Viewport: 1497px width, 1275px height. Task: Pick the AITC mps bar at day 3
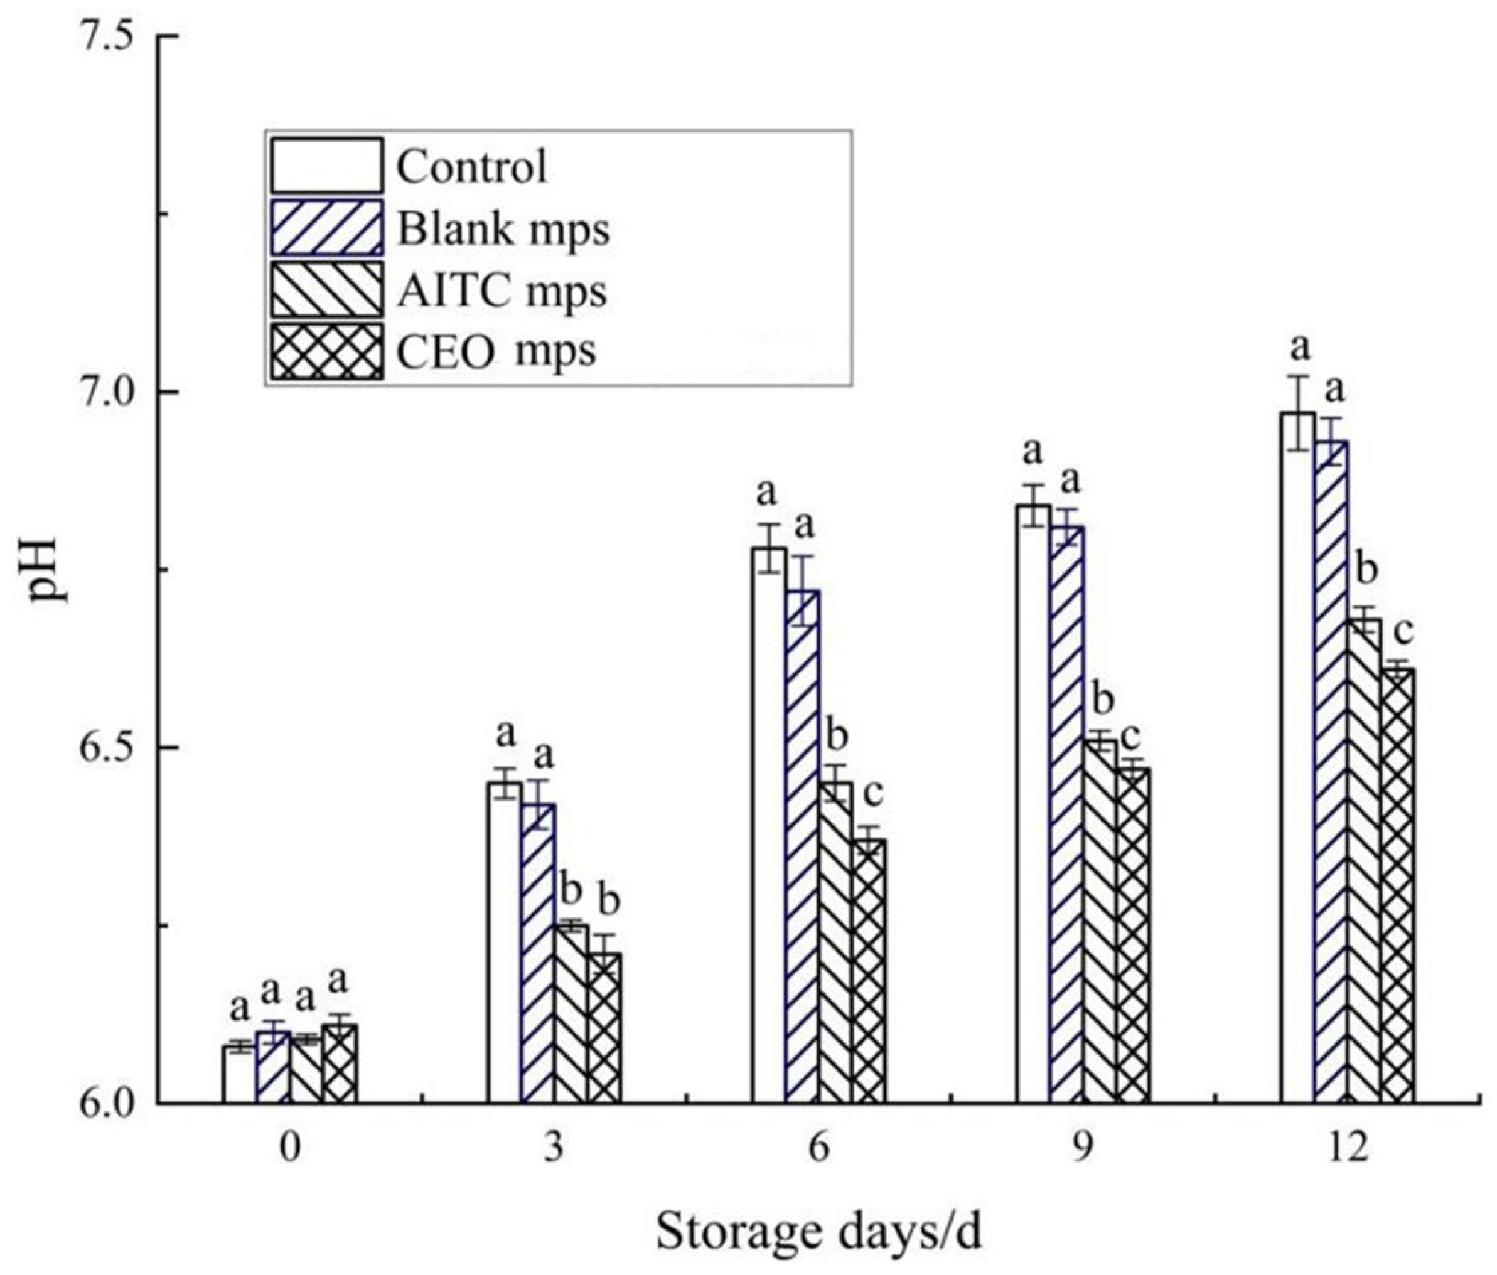tap(570, 1012)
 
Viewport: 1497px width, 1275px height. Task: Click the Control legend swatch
tap(327, 166)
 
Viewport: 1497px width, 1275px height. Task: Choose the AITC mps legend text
tap(502, 292)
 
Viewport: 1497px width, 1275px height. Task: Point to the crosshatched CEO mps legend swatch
tap(327, 351)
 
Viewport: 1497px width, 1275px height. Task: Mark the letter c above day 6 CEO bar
tap(873, 795)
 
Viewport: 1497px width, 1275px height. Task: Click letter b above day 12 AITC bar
tap(1367, 570)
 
